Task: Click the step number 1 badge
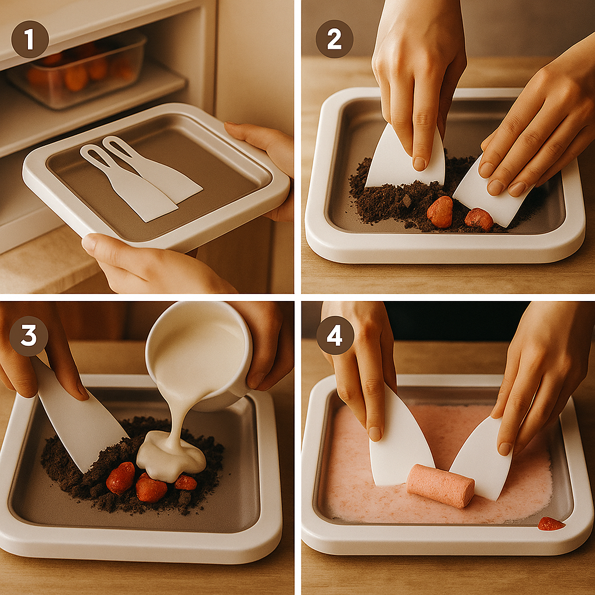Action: pos(30,39)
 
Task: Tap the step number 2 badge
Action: pos(334,39)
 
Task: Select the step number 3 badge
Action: pos(29,336)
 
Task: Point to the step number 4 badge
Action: pos(335,336)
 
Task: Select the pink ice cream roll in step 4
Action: pos(440,485)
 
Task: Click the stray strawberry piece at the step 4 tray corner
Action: pos(551,524)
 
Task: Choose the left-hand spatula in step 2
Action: pos(406,159)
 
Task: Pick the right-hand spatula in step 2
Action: pos(493,193)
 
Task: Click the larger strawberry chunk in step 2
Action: pos(440,212)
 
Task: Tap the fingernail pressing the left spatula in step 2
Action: pos(420,164)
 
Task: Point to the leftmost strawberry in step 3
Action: pos(121,478)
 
